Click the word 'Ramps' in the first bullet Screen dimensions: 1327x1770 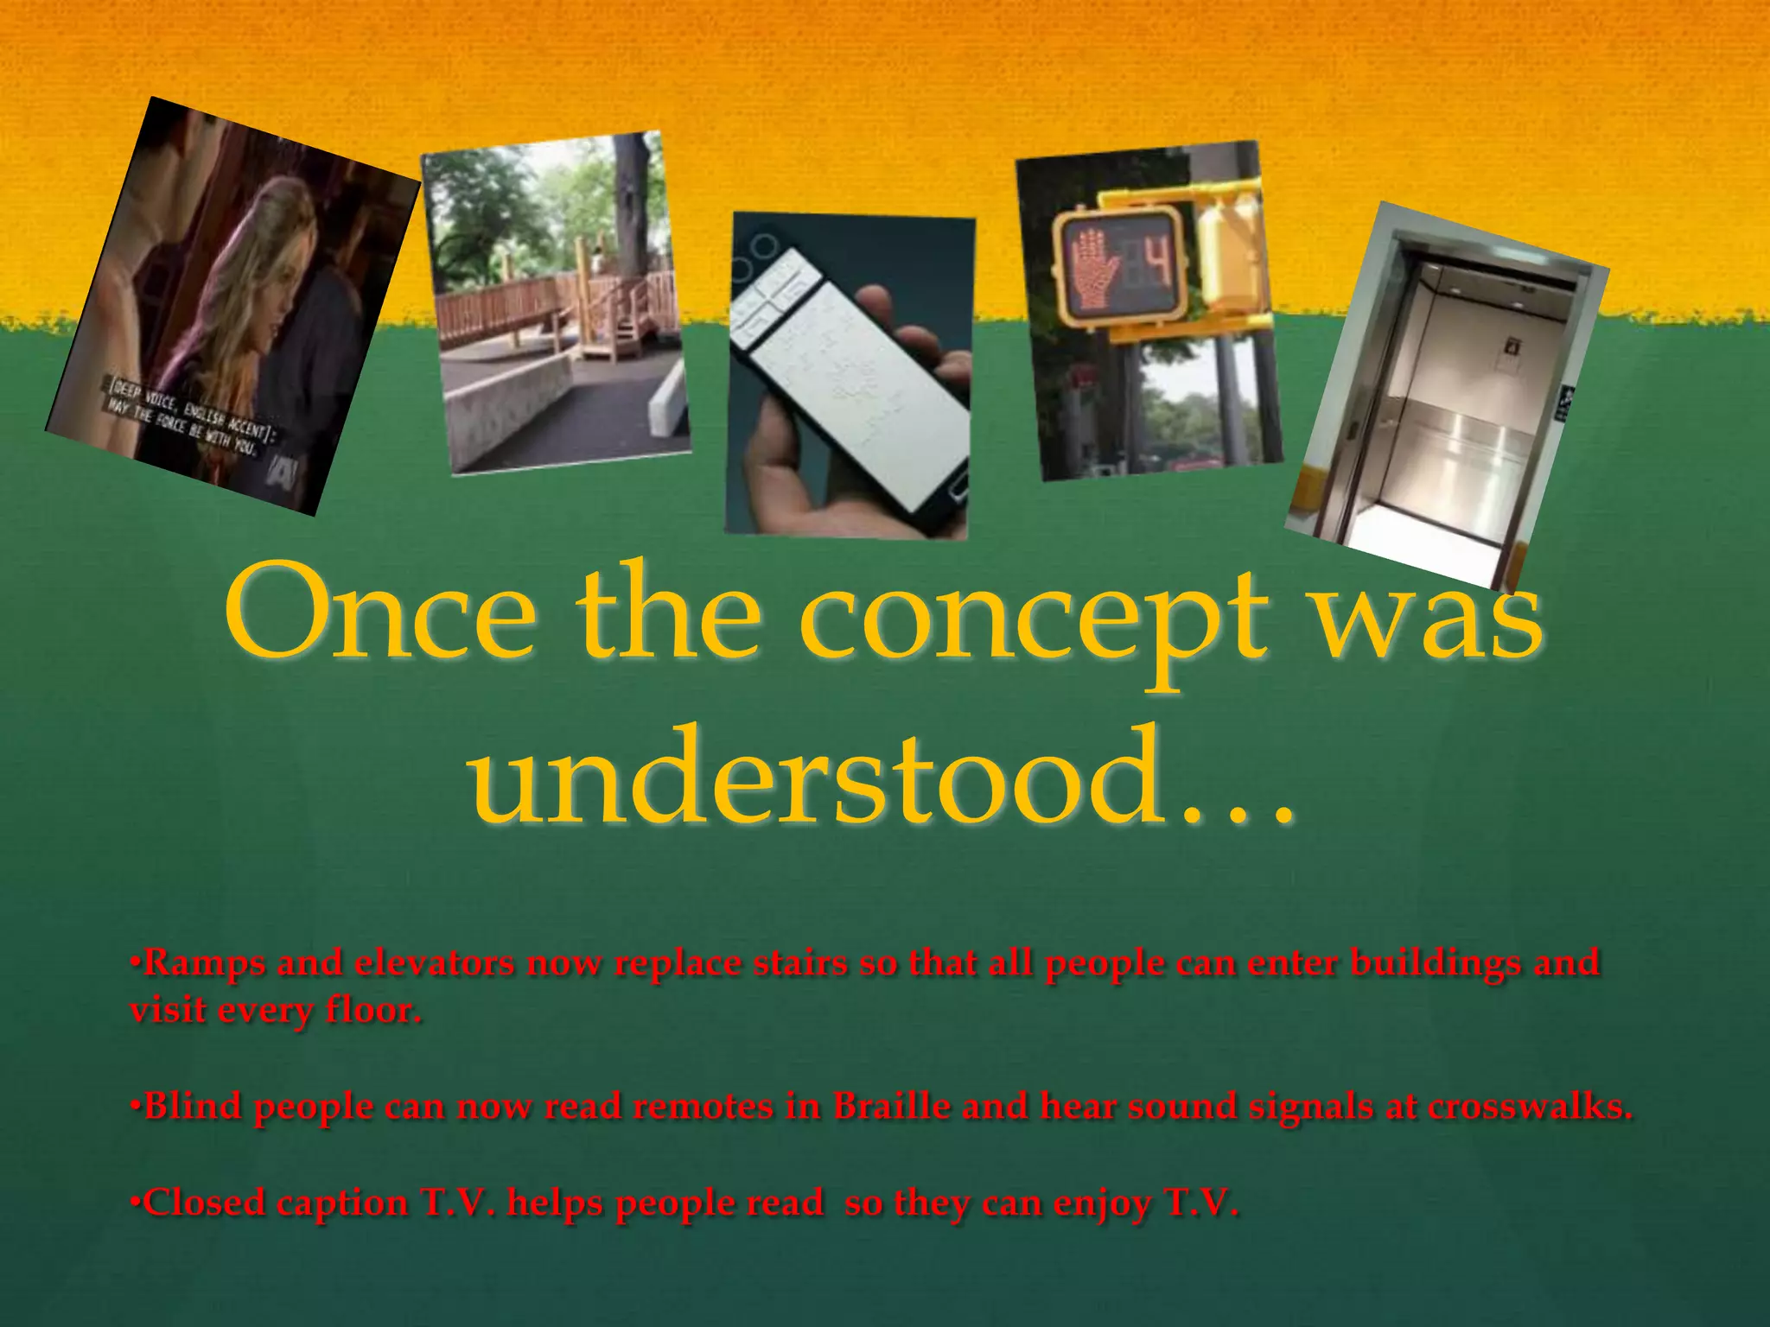(x=204, y=962)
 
